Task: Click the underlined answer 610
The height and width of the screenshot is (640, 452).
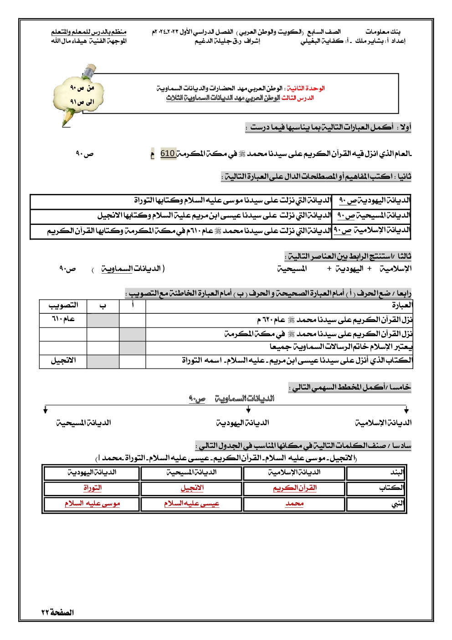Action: [168, 154]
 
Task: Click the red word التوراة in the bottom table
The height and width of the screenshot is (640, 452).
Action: [92, 488]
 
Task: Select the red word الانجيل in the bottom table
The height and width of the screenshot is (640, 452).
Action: [192, 488]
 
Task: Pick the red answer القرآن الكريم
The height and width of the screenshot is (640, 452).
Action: [294, 488]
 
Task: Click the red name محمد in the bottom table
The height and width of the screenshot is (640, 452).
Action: [294, 504]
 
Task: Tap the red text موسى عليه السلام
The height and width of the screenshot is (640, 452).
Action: [92, 504]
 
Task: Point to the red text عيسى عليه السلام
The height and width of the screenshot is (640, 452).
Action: [192, 504]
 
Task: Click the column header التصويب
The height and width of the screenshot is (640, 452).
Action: [63, 305]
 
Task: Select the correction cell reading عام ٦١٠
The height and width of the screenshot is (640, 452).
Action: [63, 319]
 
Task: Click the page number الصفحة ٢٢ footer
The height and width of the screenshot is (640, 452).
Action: [57, 612]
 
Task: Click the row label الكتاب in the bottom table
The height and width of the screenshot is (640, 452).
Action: [392, 488]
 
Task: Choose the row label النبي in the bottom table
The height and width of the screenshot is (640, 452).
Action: [397, 504]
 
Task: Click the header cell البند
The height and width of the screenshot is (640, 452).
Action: [397, 473]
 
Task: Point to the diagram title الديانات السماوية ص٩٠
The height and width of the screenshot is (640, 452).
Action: [231, 399]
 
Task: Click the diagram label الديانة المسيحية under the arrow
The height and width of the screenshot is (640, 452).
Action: [84, 423]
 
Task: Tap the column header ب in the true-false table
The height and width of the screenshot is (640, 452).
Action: [103, 305]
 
